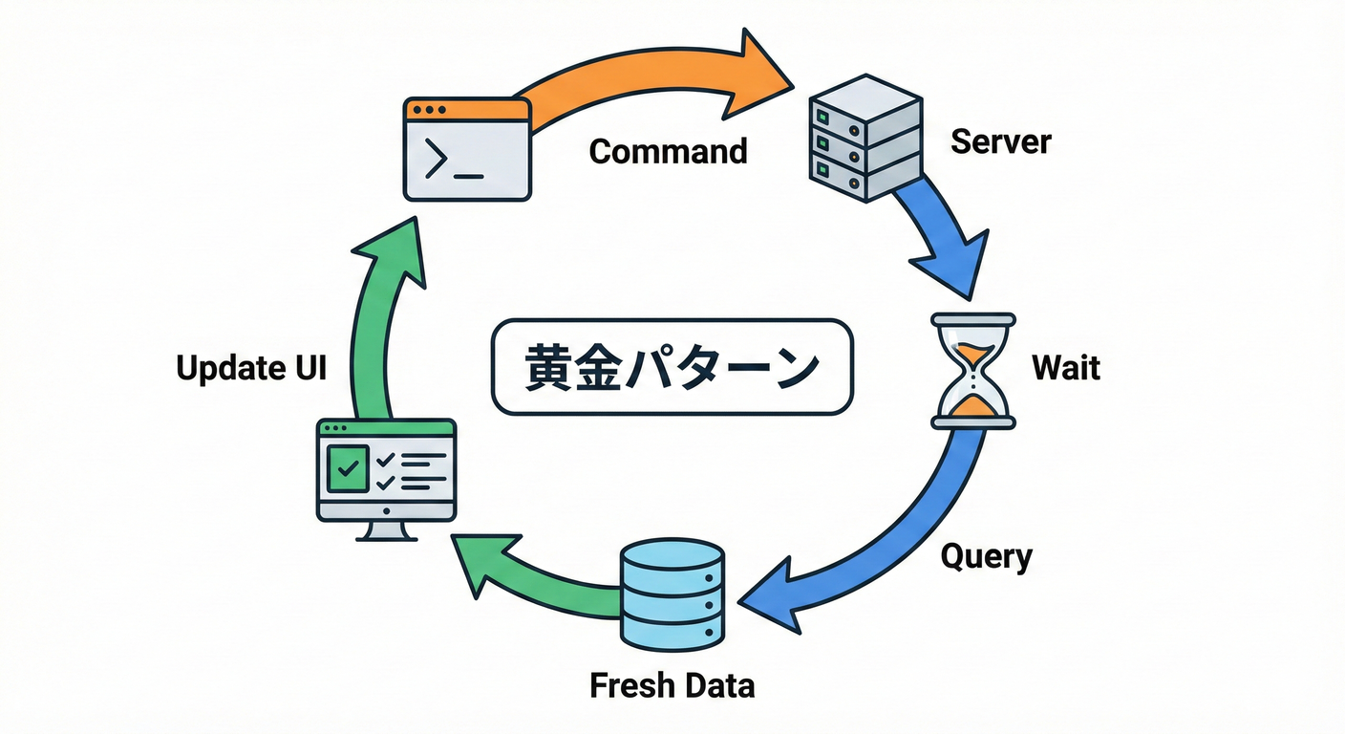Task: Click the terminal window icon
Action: click(466, 149)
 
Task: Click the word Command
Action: click(668, 151)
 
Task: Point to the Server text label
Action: click(1000, 141)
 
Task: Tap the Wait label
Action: click(1066, 367)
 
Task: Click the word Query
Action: click(986, 556)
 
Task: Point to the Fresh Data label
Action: click(672, 685)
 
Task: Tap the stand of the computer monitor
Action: click(386, 530)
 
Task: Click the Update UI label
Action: click(251, 368)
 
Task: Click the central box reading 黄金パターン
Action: click(672, 367)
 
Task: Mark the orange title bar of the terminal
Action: click(466, 109)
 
